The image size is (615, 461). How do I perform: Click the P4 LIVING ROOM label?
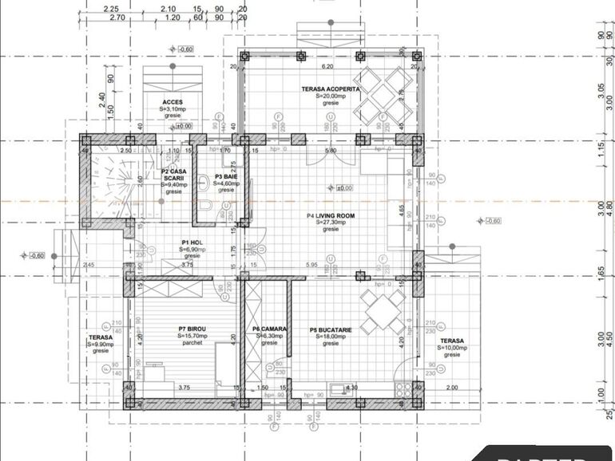[331, 215]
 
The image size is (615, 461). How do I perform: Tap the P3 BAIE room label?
[226, 176]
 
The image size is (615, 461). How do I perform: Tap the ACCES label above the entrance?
[173, 102]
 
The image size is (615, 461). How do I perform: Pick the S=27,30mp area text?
[331, 223]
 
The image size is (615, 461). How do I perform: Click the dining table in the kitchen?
[381, 310]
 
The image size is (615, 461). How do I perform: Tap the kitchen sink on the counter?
[346, 389]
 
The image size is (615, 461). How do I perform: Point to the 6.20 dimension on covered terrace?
[327, 67]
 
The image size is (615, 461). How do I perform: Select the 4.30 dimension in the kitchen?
[351, 388]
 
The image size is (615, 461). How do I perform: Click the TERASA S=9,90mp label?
[100, 344]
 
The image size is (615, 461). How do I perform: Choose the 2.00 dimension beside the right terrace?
[452, 388]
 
